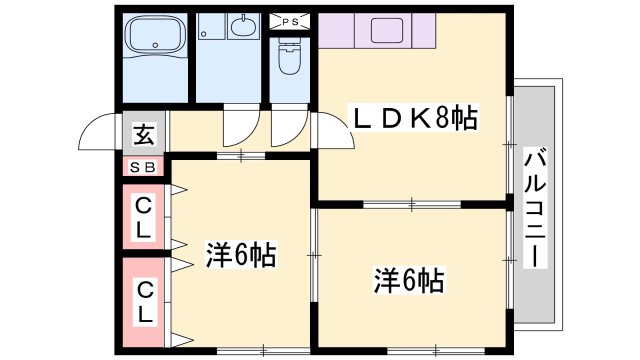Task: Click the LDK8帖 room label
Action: click(411, 119)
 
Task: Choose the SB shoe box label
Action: click(144, 167)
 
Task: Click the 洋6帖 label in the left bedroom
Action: click(241, 254)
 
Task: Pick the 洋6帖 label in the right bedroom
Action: click(409, 281)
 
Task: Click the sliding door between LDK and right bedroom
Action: click(411, 204)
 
